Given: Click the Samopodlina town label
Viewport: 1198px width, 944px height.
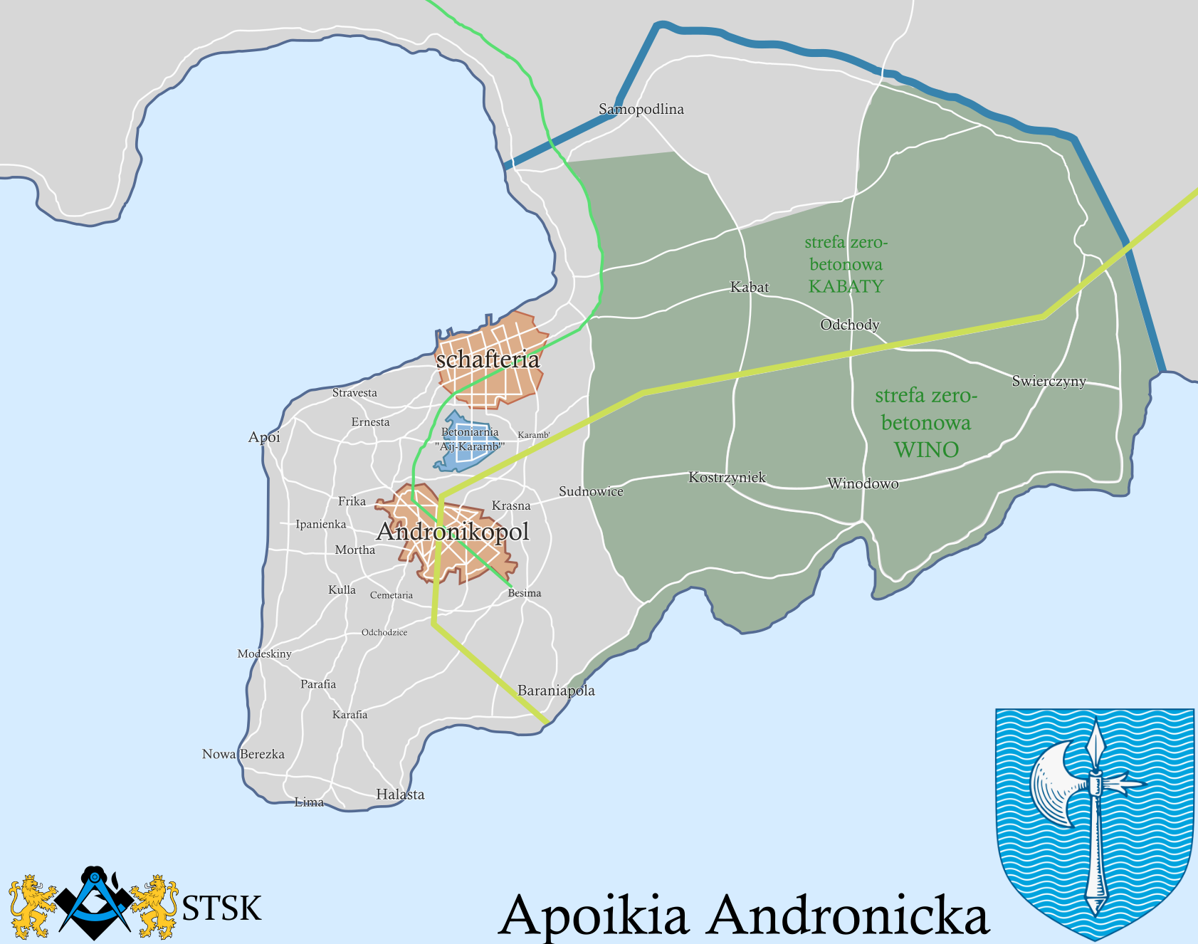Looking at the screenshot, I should [641, 109].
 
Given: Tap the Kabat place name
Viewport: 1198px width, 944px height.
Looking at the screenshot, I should [750, 287].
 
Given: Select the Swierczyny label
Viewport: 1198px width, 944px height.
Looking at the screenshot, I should [1049, 381].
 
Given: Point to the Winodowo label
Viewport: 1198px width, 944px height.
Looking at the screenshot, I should [863, 484].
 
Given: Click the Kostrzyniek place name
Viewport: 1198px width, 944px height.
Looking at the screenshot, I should [727, 477].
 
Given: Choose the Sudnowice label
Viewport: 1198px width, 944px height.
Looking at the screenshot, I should [591, 491].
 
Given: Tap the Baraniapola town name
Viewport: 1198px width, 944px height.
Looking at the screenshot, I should [556, 691].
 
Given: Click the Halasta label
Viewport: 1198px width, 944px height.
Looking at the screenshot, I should [400, 794].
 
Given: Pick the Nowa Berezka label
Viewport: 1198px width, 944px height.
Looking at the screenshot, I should [243, 754].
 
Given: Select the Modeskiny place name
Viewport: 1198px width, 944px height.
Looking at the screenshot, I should [264, 654].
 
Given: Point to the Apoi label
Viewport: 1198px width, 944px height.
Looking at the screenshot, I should [264, 437].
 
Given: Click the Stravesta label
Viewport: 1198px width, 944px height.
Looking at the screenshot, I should [354, 393].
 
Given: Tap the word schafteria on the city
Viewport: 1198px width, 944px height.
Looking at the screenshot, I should [488, 360].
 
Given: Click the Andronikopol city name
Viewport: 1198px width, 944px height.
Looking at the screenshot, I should [453, 532].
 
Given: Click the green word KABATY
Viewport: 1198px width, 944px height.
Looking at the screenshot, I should [846, 286].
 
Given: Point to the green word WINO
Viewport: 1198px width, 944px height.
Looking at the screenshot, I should [926, 450].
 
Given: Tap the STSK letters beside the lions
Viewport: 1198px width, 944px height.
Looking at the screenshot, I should [221, 908].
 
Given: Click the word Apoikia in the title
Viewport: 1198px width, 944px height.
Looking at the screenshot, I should [594, 916].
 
